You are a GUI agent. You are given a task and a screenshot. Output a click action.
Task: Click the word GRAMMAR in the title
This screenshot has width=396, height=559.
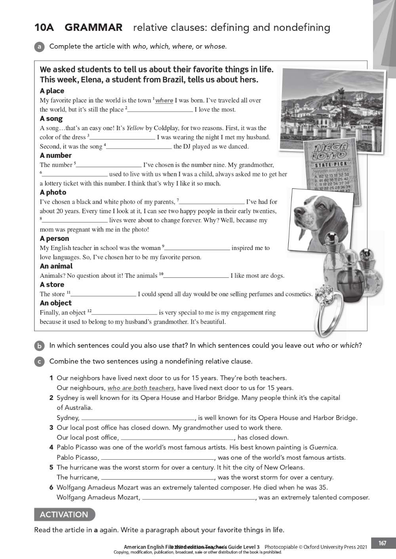pos(93,27)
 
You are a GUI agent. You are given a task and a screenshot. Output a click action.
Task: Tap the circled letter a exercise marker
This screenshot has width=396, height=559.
pos(39,47)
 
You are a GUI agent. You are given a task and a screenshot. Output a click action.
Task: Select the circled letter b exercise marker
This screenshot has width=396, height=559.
pos(39,346)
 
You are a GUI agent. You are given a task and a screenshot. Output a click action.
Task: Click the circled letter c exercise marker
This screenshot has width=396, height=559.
pos(39,362)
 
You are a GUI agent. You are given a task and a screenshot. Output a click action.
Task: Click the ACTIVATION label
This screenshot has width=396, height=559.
pos(64,514)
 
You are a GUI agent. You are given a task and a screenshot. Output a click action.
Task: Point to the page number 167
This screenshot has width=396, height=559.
pos(382,543)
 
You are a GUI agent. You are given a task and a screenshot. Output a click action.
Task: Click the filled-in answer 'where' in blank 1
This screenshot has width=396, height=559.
pos(164,100)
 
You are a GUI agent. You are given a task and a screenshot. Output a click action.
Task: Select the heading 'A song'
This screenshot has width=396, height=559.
pos(51,119)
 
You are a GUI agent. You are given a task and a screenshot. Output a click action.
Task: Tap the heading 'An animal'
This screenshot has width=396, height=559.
pos(56,266)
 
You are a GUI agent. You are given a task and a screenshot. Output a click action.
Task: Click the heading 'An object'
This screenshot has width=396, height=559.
pos(55,303)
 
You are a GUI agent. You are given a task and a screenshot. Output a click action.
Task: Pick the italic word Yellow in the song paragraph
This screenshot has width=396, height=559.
pos(135,128)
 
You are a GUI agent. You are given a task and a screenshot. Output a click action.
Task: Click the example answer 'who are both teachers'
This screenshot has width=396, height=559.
pos(141,388)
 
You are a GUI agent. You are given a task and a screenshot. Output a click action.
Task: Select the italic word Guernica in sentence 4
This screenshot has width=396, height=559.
pos(323,447)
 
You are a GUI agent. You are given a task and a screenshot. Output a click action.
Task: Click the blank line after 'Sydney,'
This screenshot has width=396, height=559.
pos(138,419)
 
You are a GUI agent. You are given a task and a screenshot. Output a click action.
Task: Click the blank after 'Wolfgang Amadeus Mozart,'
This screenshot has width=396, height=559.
pos(199,498)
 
